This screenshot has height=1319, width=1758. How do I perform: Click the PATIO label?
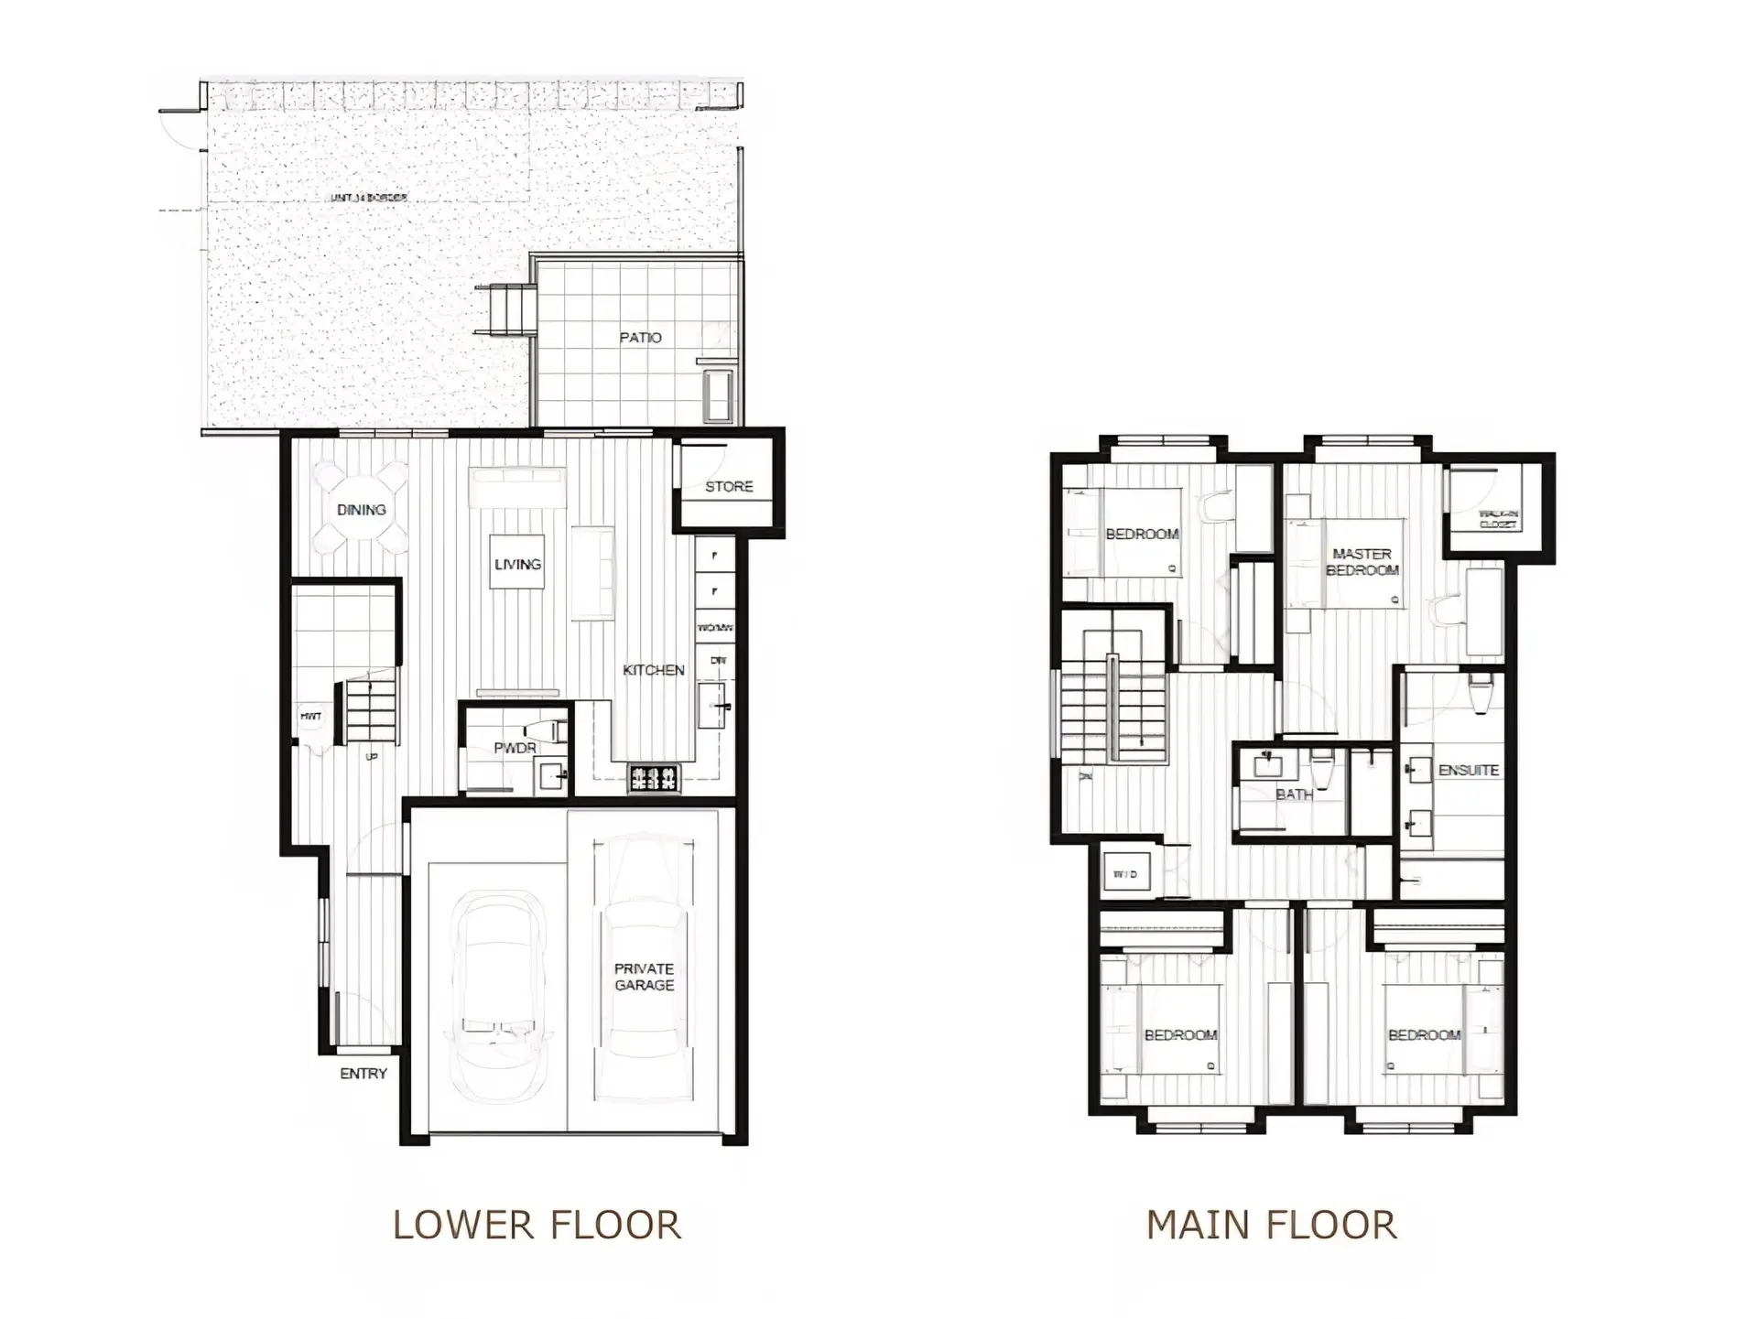click(x=640, y=338)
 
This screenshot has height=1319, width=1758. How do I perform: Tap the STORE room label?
click(x=729, y=487)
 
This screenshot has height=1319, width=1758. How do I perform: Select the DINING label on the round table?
click(x=362, y=510)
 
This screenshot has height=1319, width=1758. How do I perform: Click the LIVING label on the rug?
click(x=518, y=564)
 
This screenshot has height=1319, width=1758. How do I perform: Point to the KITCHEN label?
click(x=654, y=670)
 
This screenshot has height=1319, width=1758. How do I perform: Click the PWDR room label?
click(x=515, y=748)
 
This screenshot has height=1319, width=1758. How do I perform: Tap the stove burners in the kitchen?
click(x=654, y=778)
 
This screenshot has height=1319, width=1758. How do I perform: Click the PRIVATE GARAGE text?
click(x=644, y=977)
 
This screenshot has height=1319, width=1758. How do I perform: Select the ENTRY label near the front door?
click(x=364, y=1074)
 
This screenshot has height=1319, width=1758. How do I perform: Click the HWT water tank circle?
click(x=311, y=717)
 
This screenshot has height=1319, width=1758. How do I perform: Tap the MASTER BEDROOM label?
click(x=1362, y=562)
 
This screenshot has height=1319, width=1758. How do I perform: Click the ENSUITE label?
click(x=1469, y=771)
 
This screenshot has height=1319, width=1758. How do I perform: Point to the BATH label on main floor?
click(x=1294, y=795)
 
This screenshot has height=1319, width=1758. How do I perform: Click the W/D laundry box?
click(x=1125, y=874)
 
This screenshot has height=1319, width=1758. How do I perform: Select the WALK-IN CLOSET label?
click(x=1499, y=520)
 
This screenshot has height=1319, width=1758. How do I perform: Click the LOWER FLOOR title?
click(x=537, y=1225)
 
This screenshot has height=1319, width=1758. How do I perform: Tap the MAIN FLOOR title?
click(x=1272, y=1225)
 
